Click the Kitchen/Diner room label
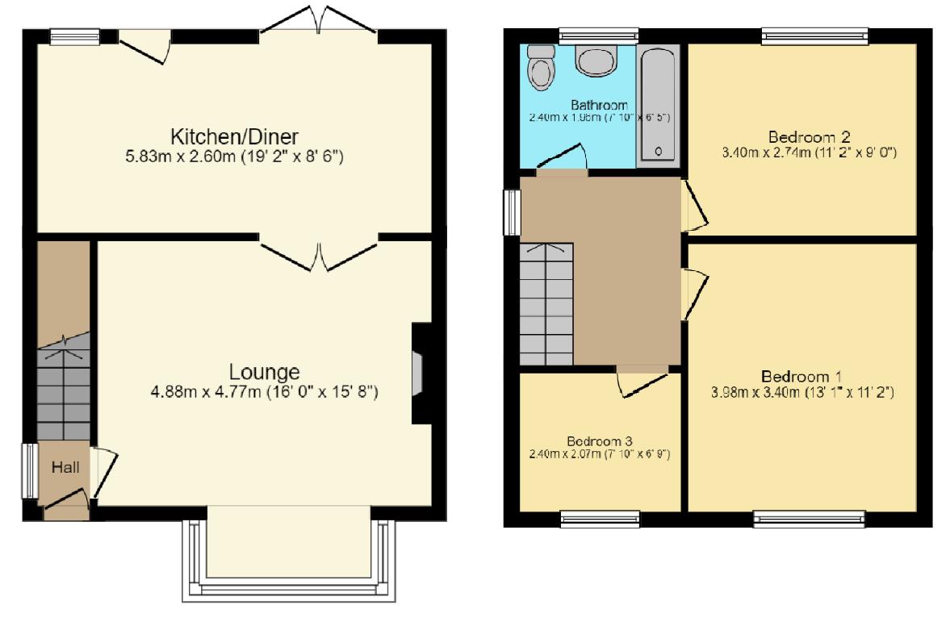click(228, 135)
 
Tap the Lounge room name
click(264, 372)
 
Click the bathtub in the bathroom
click(658, 105)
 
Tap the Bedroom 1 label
click(801, 377)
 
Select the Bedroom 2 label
click(808, 136)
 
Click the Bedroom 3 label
click(599, 441)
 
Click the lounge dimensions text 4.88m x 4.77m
click(264, 393)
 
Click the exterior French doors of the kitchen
click(320, 19)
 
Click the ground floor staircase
click(62, 387)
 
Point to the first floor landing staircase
click(546, 303)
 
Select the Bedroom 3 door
click(642, 382)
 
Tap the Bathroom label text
click(599, 105)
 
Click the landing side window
click(512, 212)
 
